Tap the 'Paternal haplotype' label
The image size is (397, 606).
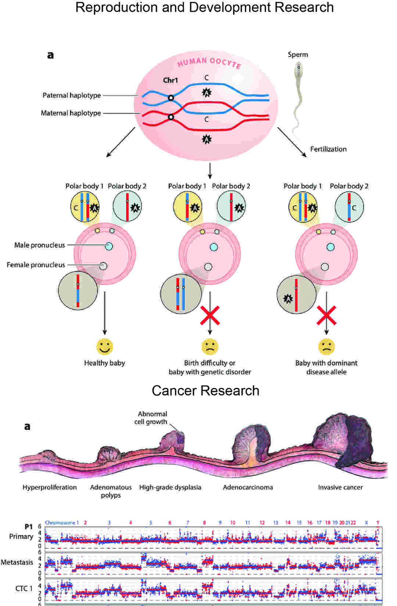(x=72, y=95)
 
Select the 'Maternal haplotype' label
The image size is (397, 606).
(x=71, y=113)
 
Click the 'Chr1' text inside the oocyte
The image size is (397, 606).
(x=171, y=80)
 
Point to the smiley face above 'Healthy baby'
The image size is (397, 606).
(x=105, y=346)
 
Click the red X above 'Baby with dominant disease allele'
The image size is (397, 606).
(x=326, y=315)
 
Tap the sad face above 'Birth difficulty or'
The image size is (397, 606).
(x=210, y=346)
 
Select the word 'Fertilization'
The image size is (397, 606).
(x=328, y=149)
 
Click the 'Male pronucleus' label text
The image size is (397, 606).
(x=40, y=245)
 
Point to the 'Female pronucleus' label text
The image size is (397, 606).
(x=36, y=265)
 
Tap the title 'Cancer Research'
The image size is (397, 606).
(x=205, y=391)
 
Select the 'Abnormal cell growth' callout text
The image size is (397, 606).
(x=151, y=418)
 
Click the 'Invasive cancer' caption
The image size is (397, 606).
(x=340, y=487)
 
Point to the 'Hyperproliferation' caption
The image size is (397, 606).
(x=50, y=487)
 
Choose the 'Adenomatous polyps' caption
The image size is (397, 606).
(x=111, y=491)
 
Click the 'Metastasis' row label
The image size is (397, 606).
(x=17, y=562)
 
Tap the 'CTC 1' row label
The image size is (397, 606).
(x=24, y=588)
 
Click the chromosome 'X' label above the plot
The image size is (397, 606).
(x=366, y=523)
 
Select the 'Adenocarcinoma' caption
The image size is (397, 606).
(x=248, y=487)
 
